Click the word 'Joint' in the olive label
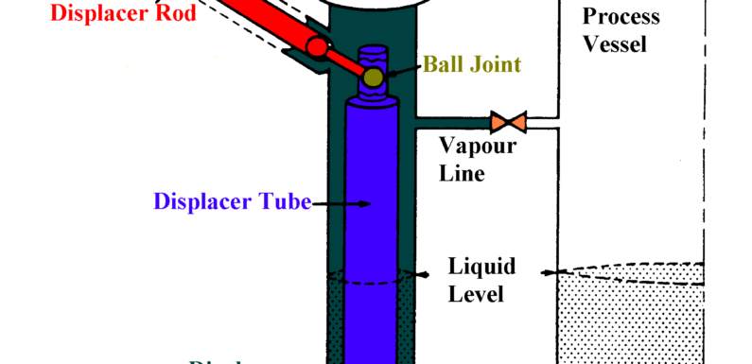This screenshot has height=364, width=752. (496, 65)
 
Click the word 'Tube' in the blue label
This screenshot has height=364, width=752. (286, 202)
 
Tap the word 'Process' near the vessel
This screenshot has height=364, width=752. (621, 17)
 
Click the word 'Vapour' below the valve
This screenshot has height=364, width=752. (478, 147)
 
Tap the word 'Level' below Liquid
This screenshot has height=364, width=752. (476, 294)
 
